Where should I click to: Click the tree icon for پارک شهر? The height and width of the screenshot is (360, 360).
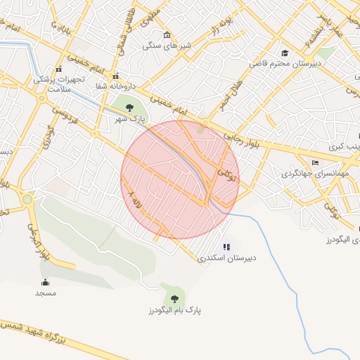click(x=129, y=108)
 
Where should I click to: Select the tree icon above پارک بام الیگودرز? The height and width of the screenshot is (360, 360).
click(x=174, y=299)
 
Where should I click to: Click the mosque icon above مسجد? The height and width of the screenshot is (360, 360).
click(x=46, y=282)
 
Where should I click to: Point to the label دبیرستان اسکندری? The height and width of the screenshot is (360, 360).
click(x=226, y=258)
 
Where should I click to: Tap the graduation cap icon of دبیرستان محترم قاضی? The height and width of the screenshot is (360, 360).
click(x=284, y=53)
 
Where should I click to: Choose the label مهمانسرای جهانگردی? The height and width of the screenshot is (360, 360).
click(x=314, y=172)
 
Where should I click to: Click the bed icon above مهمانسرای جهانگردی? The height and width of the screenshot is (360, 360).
click(x=314, y=162)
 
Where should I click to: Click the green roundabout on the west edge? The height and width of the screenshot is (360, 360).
click(x=27, y=200)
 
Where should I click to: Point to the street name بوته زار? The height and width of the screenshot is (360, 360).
click(x=224, y=29)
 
